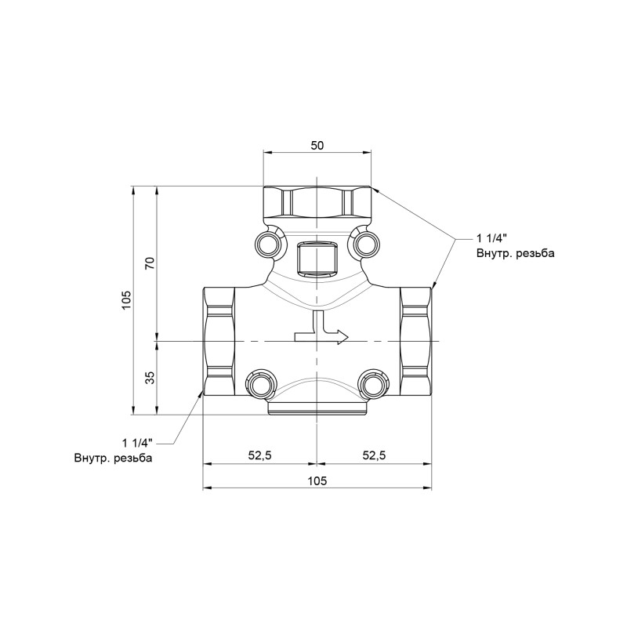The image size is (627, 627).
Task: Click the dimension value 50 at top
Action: [317, 146]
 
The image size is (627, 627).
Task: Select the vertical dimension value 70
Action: [150, 263]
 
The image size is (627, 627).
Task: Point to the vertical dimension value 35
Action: [150, 378]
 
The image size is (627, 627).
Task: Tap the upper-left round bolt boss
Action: [268, 245]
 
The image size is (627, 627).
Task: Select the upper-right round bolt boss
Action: [364, 245]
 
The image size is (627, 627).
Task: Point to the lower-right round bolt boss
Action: [373, 383]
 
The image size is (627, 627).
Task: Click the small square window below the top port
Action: [317, 259]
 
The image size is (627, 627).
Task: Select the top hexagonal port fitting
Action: [317, 203]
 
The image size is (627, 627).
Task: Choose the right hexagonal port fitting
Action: [415, 342]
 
